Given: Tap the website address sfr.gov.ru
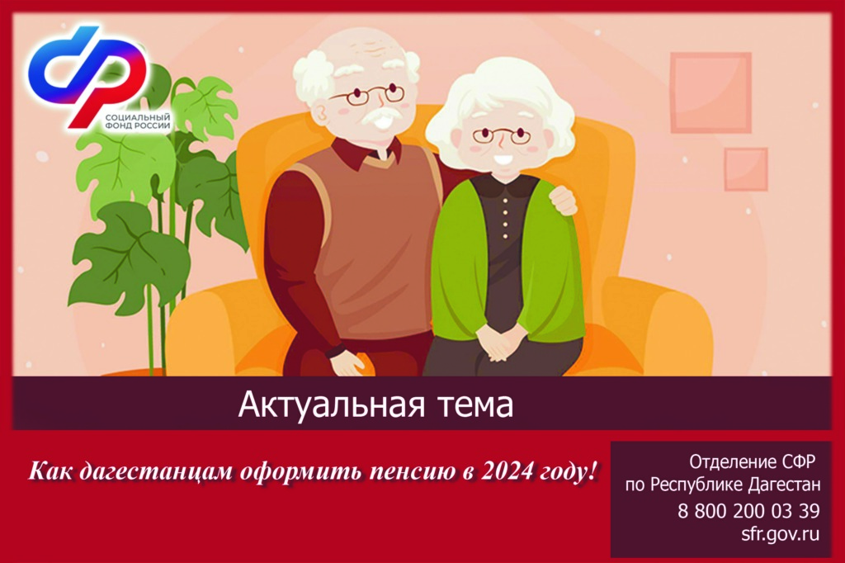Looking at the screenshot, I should click(x=780, y=533).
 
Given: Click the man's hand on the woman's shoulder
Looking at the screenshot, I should click(x=563, y=199).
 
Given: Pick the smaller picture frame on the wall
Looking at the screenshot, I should click(x=746, y=169).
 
